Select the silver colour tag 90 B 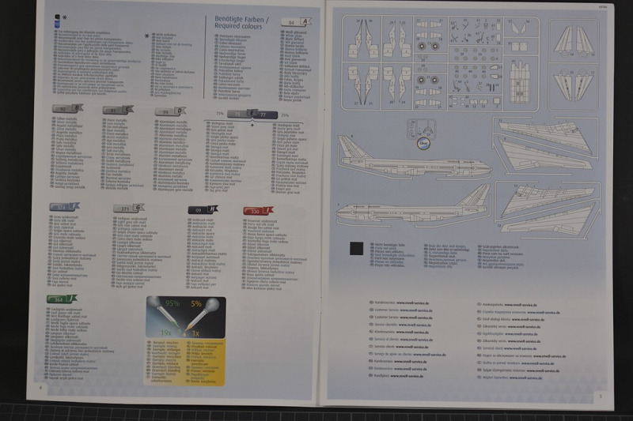(x=67, y=109)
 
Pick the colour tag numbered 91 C (x=118, y=110)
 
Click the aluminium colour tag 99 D (x=170, y=111)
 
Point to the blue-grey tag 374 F (x=64, y=206)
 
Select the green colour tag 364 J (x=63, y=299)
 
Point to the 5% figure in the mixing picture (x=195, y=304)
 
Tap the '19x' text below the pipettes (x=165, y=333)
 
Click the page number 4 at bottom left (x=40, y=388)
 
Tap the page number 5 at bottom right (x=601, y=396)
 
